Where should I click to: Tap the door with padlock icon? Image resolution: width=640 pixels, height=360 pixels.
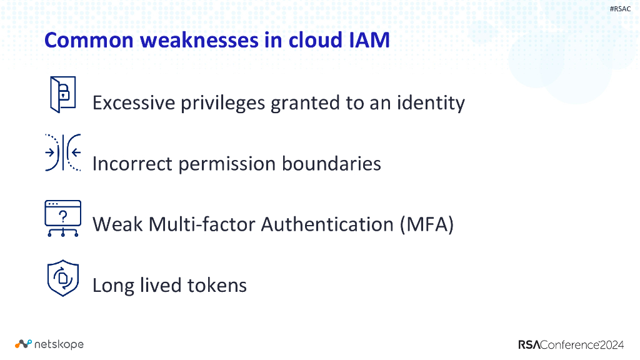coord(62,94)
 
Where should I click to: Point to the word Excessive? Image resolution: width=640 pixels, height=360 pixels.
coord(134,102)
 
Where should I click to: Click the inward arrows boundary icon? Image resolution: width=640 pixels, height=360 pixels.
coord(62,152)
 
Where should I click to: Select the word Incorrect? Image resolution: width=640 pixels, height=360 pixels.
coord(132,164)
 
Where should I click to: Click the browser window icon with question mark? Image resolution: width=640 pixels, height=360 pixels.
coord(62,218)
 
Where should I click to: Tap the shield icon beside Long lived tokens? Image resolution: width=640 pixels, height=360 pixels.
coord(62,278)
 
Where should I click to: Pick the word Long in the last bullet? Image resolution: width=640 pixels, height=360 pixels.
coord(112,286)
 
